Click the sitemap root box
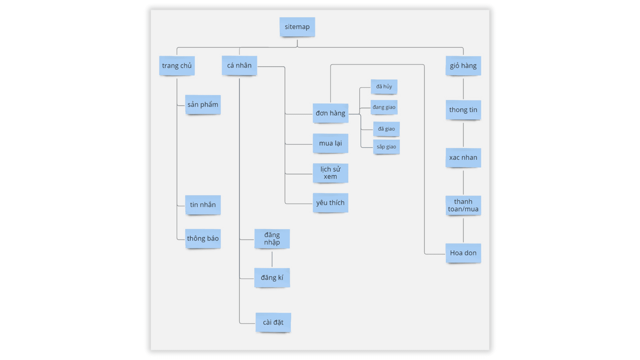click(x=297, y=27)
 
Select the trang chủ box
click(x=177, y=66)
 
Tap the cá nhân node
click(x=239, y=66)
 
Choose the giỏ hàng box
click(x=463, y=66)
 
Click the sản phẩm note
click(x=203, y=105)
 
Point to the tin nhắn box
click(x=203, y=205)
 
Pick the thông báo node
click(x=203, y=238)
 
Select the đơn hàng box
click(x=330, y=113)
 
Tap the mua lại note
click(x=330, y=143)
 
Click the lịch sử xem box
click(x=330, y=173)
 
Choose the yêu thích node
click(x=330, y=203)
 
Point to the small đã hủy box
click(x=384, y=87)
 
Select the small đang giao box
click(x=384, y=107)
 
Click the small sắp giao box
click(x=386, y=147)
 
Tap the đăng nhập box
click(x=272, y=239)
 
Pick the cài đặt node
click(x=273, y=322)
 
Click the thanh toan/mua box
click(x=463, y=205)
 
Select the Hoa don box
click(x=463, y=253)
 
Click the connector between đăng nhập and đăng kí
click(x=272, y=259)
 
